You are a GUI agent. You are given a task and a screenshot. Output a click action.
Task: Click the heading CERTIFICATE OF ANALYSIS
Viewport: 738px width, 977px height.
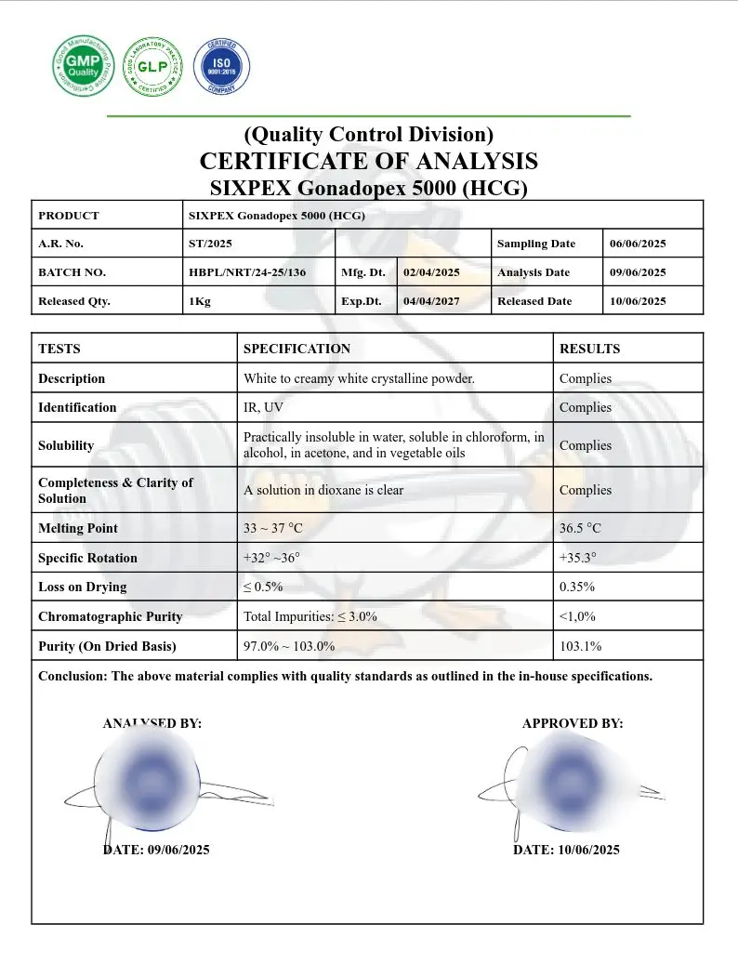pos(368,161)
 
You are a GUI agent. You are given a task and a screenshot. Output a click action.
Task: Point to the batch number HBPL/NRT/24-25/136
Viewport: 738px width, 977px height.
pos(246,272)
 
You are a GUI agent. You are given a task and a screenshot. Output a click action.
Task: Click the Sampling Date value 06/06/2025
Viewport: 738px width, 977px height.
pos(638,244)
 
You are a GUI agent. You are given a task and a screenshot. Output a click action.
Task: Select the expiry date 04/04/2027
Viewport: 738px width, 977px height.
pos(431,301)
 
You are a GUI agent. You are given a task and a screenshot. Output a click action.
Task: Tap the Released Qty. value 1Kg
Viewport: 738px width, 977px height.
pos(199,301)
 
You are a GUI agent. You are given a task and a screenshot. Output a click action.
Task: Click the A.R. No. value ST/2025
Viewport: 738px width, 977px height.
pos(210,244)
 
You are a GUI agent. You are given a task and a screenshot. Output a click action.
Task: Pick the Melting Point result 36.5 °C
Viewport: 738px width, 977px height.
pos(580,528)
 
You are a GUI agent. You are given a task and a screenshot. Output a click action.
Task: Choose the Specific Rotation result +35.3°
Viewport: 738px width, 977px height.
pos(578,558)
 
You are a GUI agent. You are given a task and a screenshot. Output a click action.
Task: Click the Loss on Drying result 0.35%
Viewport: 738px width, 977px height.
pos(577,587)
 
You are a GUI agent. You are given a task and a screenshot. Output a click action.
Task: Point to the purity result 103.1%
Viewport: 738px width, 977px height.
pos(580,646)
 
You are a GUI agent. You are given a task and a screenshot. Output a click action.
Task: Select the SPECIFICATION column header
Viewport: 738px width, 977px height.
pos(297,349)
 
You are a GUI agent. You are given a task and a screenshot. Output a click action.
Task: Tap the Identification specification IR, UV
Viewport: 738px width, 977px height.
pos(264,407)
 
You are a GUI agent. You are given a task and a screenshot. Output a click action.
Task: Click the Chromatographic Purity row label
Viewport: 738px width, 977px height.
pos(110,616)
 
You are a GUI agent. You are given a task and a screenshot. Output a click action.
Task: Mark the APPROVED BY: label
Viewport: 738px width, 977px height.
pos(573,723)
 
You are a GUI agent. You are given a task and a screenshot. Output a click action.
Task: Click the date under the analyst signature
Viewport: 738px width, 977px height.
pos(156,850)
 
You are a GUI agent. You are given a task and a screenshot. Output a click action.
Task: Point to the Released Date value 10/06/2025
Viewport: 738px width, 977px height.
pos(638,301)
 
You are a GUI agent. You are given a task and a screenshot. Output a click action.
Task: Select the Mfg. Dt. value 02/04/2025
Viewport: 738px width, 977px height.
pos(431,272)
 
